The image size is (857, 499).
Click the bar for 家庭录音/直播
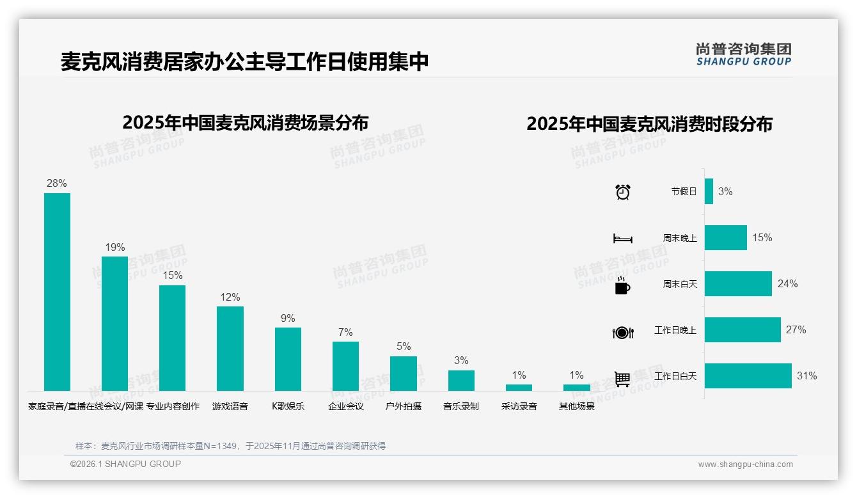[57, 292]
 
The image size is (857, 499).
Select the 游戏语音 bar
[230, 349]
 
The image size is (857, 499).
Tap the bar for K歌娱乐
[288, 359]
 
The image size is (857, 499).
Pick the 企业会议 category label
[346, 406]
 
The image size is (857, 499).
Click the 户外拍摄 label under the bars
[404, 406]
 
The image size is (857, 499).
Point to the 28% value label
[57, 184]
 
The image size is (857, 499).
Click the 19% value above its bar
[115, 248]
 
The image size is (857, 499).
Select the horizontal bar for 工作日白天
[748, 376]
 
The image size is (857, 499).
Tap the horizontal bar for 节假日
[709, 191]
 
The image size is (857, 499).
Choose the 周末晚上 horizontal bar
[726, 237]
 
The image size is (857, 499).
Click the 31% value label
[806, 376]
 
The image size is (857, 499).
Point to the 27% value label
[796, 330]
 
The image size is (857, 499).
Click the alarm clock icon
[623, 192]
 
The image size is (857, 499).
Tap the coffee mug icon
[622, 286]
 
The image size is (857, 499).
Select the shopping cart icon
[622, 379]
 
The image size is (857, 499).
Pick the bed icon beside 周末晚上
[622, 239]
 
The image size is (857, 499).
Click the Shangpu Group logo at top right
[744, 54]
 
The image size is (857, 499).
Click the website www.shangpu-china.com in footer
[745, 464]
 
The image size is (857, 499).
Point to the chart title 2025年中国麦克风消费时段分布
[649, 124]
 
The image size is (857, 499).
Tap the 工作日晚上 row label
[675, 330]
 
